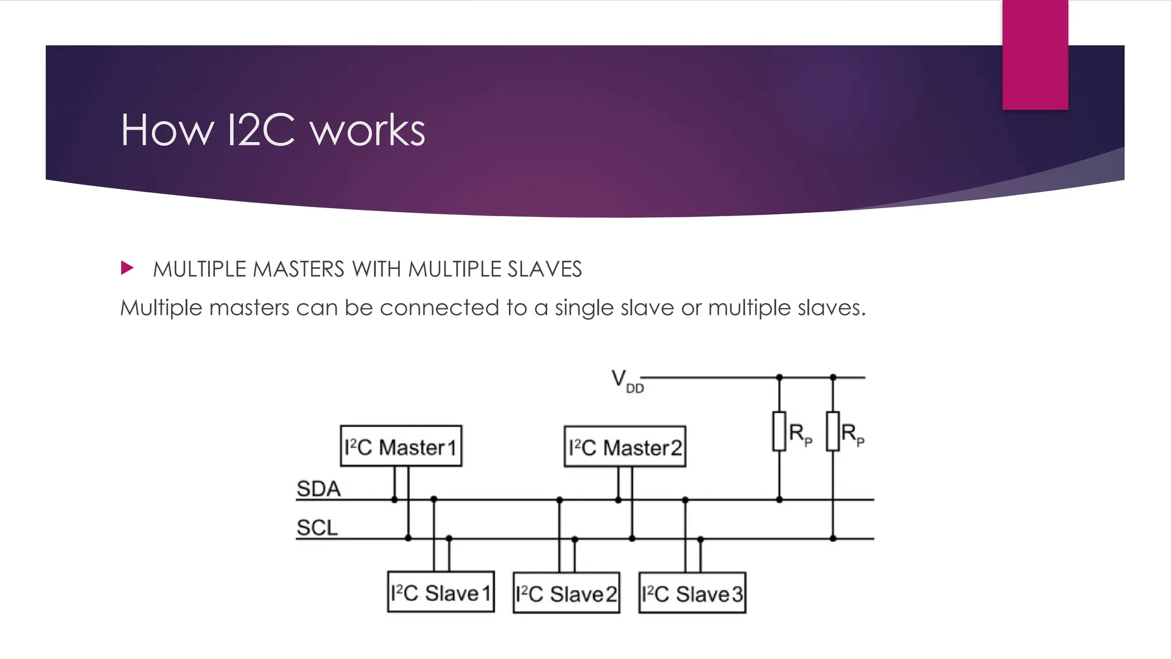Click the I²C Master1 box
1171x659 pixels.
(x=401, y=446)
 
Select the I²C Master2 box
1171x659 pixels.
(x=624, y=447)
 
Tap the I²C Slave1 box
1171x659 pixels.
(x=440, y=592)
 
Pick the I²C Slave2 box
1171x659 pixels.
(x=566, y=593)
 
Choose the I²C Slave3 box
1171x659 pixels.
(x=692, y=593)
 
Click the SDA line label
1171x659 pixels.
(x=318, y=489)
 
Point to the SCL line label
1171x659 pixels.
(x=317, y=527)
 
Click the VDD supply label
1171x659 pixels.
(x=627, y=381)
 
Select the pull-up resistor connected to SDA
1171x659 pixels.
(x=779, y=431)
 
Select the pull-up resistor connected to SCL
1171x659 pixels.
(x=833, y=431)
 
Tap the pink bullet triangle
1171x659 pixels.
(x=127, y=268)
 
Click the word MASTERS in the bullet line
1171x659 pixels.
(x=298, y=269)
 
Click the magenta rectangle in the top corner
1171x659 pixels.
(x=1035, y=54)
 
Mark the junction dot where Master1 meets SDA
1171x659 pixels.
(x=395, y=500)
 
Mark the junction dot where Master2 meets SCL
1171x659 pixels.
(x=632, y=539)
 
